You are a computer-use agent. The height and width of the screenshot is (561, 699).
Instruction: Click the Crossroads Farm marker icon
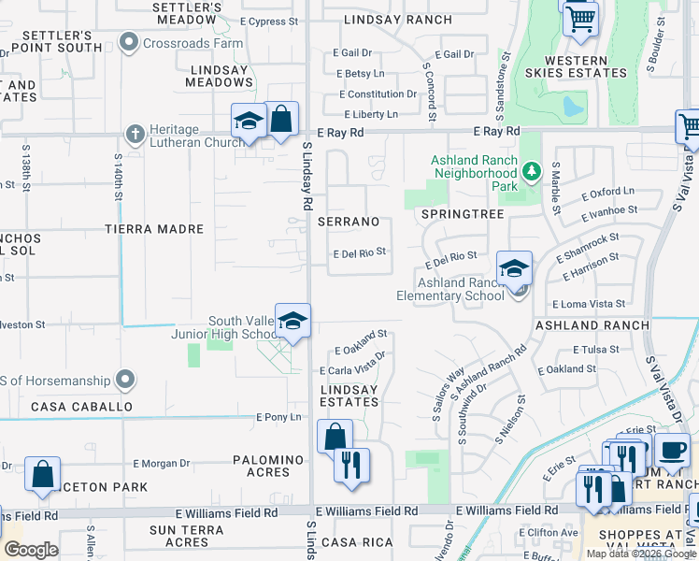coord(128,41)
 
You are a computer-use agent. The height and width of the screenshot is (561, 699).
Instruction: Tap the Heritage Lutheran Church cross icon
coord(136,134)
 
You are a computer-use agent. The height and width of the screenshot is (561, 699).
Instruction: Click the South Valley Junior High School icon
coord(292,321)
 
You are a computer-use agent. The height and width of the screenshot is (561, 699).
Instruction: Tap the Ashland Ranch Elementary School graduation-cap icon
coord(514,268)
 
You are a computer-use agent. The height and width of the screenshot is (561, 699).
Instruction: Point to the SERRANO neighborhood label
coord(349,222)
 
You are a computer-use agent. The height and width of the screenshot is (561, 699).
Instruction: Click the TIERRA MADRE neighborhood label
coord(154,229)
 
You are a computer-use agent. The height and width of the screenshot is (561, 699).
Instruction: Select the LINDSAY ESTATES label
coord(349,396)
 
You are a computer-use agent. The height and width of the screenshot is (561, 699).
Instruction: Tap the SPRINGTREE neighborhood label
coord(463,214)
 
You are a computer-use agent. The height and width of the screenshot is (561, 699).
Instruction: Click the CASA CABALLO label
coord(81,407)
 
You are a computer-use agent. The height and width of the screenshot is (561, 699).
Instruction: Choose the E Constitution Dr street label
coord(378,94)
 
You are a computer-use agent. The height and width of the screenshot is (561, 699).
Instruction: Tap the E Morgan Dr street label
coord(161,463)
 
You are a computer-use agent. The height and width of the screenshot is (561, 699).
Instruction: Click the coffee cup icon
coord(671,450)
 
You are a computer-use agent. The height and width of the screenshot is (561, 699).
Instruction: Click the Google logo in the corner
coord(31,550)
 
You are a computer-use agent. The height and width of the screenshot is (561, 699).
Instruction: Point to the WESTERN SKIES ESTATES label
coord(586,65)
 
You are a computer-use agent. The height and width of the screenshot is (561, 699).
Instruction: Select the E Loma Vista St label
coord(589,304)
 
